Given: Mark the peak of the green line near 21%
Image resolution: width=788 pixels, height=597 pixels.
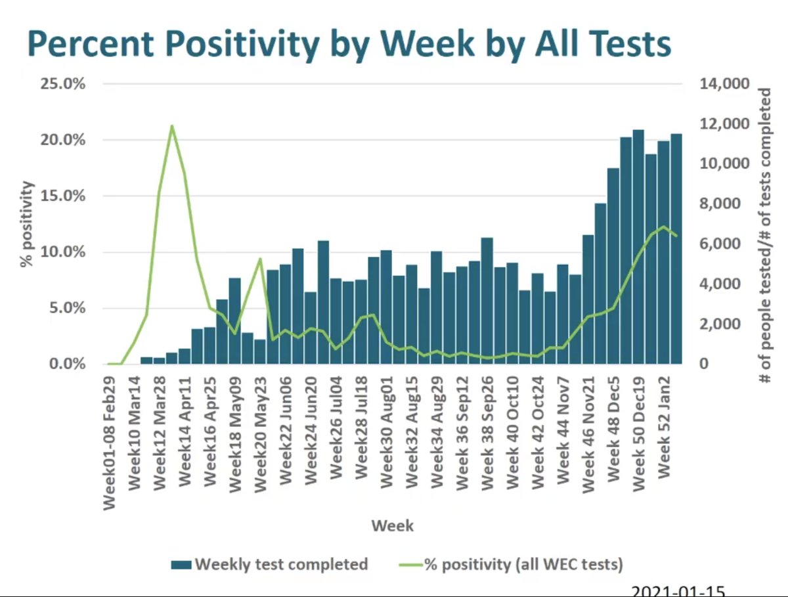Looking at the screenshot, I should [172, 125].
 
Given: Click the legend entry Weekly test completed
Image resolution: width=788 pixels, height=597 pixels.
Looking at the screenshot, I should [270, 564].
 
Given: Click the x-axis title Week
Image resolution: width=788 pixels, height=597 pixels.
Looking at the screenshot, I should [392, 525].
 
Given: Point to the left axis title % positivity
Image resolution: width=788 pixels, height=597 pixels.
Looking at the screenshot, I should [26, 224].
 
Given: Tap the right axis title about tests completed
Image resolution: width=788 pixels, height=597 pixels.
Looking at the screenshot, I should [764, 236].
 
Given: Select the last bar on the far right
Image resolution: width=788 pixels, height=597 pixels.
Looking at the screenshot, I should [676, 249].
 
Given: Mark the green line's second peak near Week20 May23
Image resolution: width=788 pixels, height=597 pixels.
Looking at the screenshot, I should [261, 259].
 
